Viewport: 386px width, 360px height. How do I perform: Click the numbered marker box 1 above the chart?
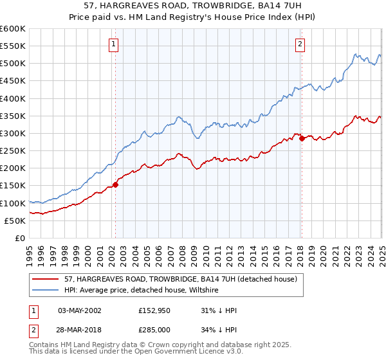113,44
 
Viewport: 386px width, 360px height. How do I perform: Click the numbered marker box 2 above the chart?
300,44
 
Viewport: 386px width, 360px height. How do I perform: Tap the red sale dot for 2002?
116,184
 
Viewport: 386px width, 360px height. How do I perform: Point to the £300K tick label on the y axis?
13,133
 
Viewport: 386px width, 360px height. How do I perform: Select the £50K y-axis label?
15,221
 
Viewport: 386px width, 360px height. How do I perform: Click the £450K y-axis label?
13,81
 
